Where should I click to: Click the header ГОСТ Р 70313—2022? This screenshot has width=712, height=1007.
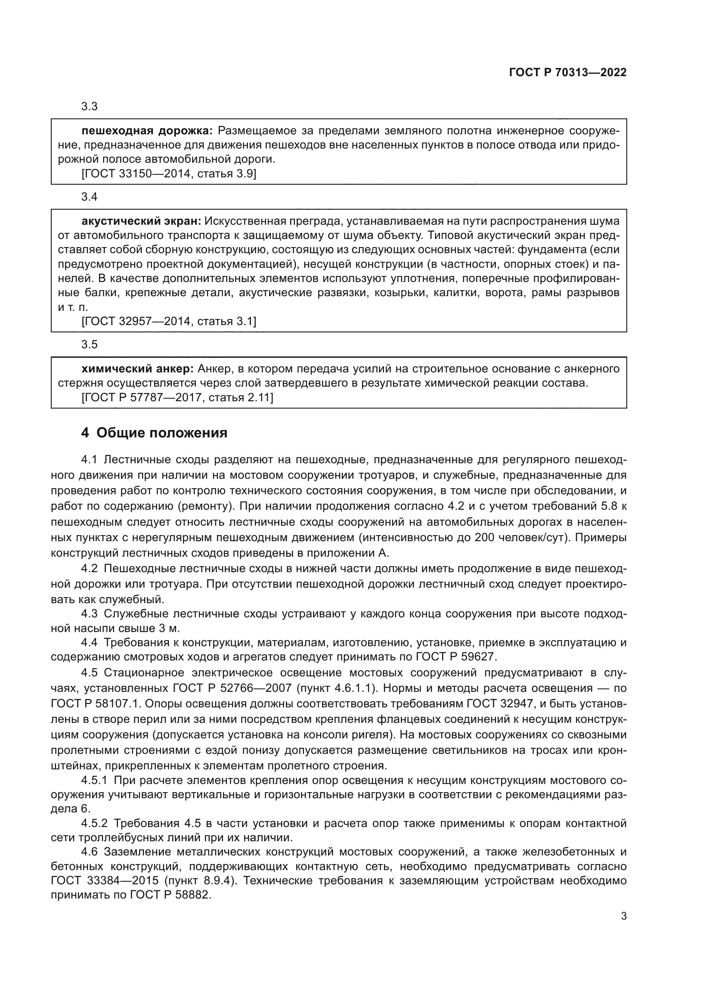(568, 72)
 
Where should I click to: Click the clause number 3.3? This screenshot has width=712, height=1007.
(90, 107)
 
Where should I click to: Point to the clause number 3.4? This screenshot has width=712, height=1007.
(90, 197)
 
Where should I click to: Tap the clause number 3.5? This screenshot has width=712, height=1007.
(90, 345)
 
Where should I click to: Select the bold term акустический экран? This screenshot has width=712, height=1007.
(141, 221)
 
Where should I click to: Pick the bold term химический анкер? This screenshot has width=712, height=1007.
(138, 369)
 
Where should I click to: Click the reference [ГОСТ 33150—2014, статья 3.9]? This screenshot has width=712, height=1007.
(169, 174)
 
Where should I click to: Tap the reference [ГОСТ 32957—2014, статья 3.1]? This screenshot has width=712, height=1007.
(169, 322)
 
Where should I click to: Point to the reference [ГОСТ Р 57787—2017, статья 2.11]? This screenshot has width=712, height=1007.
(177, 398)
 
